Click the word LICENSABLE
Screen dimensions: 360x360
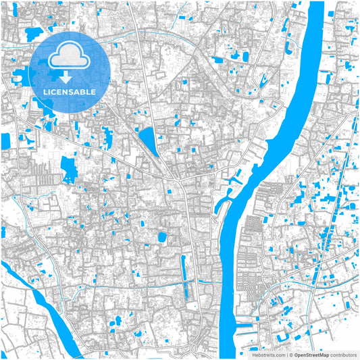pos(70,91)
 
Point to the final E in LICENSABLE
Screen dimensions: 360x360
pos(93,91)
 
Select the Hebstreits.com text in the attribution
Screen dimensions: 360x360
pos(268,354)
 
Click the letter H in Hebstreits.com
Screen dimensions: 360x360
pos(254,354)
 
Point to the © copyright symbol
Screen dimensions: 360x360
pos(290,354)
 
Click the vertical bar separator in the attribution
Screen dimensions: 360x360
pos(286,354)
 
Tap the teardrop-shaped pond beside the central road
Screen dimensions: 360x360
pos(147,140)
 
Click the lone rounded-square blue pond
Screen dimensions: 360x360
pos(161,236)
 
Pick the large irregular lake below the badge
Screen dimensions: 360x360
pos(69,169)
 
